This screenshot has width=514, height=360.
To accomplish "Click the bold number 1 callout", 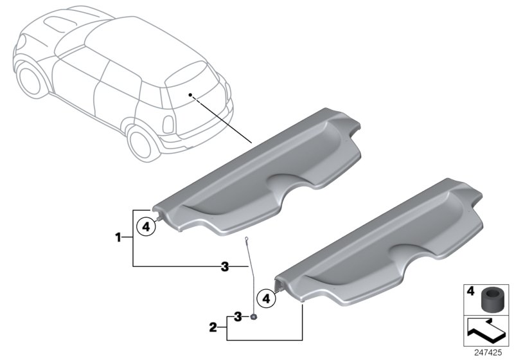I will tap(118, 238).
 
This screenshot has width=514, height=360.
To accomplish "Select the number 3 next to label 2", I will tap(238, 316).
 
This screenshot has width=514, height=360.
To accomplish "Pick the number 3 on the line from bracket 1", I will tap(224, 266).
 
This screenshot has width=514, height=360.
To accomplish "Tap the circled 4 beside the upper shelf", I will tap(146, 226).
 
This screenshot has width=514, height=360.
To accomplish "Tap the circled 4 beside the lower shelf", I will tap(264, 298).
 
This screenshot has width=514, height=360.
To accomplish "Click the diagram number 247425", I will tap(491, 353).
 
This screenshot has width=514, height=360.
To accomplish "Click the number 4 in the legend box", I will tap(470, 291).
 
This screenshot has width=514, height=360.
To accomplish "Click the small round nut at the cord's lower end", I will tap(254, 316).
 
